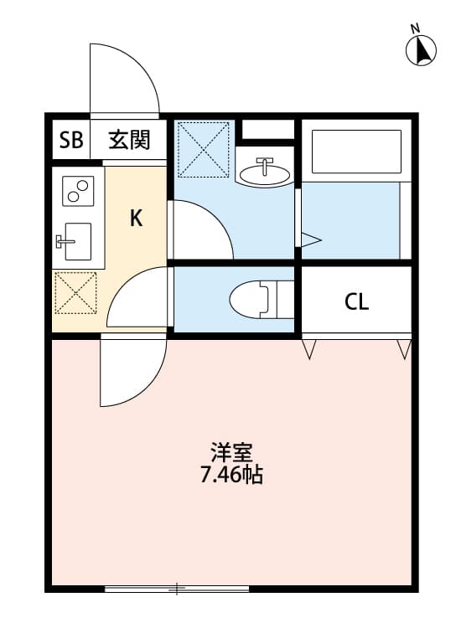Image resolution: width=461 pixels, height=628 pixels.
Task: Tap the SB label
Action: coord(70,141)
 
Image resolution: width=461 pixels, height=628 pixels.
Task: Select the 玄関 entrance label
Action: coord(129,141)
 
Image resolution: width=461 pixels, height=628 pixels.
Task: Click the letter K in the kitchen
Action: coord(135,219)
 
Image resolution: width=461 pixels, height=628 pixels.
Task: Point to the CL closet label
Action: coord(357,302)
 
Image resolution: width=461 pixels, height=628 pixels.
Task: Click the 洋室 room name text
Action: coord(232,453)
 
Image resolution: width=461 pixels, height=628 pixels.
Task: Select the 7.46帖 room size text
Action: coord(232,476)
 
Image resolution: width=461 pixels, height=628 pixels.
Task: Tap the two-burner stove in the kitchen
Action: coord(77,192)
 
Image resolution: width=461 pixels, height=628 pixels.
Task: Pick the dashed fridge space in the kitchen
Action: coord(76,293)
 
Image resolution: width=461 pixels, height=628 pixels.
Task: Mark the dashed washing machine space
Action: coord(204,149)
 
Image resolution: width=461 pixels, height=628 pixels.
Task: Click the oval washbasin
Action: coord(264,172)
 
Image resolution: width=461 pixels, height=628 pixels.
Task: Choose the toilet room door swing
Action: coord(138,297)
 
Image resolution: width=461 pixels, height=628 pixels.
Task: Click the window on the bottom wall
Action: coord(177,589)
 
